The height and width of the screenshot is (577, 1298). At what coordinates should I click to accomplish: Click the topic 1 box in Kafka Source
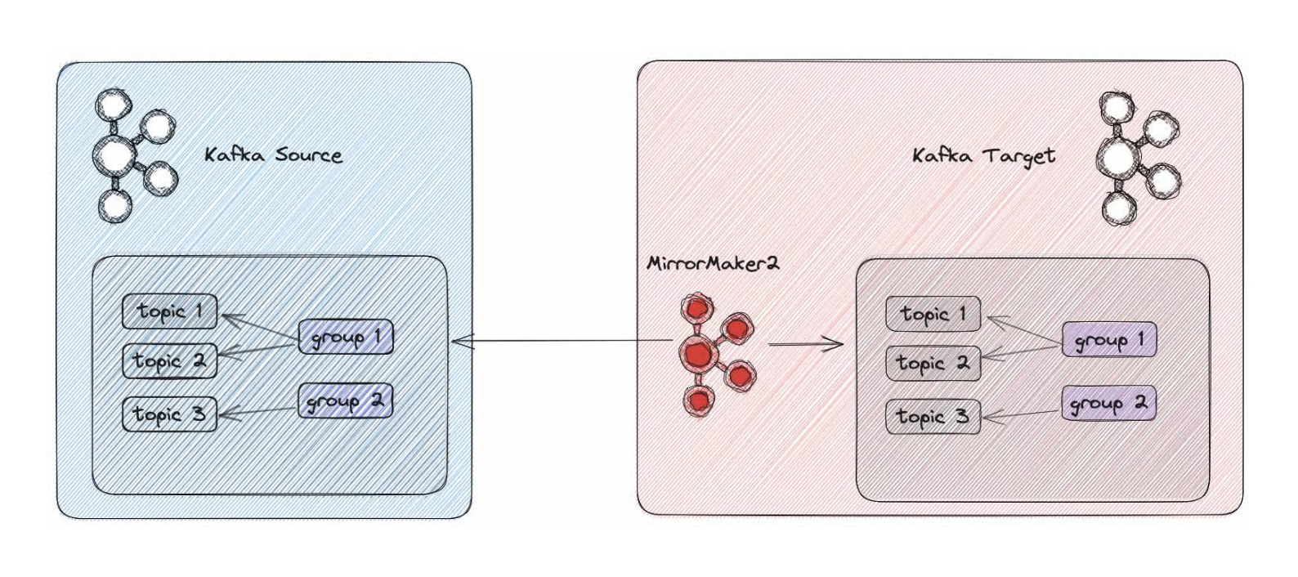click(x=170, y=311)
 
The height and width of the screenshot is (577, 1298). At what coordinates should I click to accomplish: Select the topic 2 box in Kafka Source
click(x=170, y=361)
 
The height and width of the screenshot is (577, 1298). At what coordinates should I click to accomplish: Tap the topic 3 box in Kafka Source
click(x=170, y=414)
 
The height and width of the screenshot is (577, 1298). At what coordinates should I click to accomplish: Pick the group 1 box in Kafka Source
click(x=346, y=336)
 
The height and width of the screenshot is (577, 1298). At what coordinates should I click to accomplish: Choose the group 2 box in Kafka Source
click(x=345, y=400)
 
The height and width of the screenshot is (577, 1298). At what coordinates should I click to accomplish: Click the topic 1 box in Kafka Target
click(x=933, y=315)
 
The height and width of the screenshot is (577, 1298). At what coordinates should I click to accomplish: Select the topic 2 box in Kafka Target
click(x=933, y=364)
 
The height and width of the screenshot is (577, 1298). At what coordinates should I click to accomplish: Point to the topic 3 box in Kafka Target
click(x=933, y=417)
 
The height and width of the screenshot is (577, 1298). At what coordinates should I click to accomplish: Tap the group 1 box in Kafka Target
click(x=1109, y=339)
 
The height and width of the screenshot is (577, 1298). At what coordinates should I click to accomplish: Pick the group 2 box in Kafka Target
click(x=1108, y=403)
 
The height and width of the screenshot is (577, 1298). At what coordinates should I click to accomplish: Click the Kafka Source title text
click(x=273, y=154)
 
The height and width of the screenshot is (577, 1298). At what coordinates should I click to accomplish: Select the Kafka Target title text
click(x=983, y=155)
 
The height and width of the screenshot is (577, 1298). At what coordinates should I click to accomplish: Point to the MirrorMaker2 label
click(x=713, y=264)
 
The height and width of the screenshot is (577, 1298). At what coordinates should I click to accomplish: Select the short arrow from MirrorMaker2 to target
click(x=805, y=344)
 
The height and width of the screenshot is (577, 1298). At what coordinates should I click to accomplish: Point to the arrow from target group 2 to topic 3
click(x=1022, y=415)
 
